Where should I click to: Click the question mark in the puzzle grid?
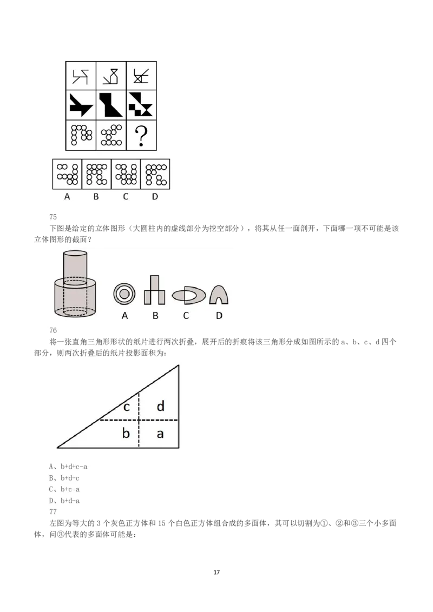point(141,136)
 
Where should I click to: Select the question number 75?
point(53,217)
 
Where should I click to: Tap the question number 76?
point(53,330)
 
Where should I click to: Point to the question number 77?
point(53,511)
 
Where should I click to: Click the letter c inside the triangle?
point(126,407)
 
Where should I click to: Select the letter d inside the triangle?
point(160,407)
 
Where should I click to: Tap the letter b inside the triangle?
point(126,433)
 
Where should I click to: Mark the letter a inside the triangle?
point(160,433)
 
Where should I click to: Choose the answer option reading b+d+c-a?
point(68,466)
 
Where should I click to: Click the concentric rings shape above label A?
point(124,294)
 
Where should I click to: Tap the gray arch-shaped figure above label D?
point(219,295)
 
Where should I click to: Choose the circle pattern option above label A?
point(68,174)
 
